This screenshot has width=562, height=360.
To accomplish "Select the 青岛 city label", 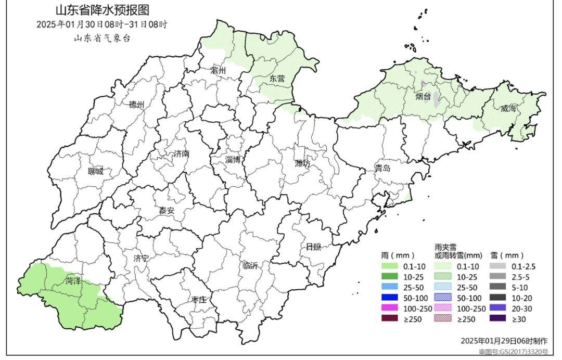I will pos(382,169).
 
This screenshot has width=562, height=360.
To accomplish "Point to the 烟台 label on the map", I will pos(423,96).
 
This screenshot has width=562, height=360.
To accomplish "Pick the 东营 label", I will pos(277,79).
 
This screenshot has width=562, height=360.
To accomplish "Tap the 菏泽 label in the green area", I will pos(73,281).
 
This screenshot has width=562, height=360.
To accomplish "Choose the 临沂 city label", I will pos(250,265).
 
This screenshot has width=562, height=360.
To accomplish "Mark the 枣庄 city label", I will pos(199,300).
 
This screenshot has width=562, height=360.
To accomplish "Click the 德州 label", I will pos(136,104).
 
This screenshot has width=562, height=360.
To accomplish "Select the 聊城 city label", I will pos(95,171).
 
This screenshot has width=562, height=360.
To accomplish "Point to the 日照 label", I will pos(313,246).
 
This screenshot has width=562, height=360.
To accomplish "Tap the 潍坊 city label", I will pos(302,163).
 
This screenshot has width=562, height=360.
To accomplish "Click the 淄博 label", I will pos(233,160).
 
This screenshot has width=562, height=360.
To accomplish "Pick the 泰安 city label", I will pos(167,211).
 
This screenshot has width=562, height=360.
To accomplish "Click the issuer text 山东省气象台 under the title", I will pos(101,38).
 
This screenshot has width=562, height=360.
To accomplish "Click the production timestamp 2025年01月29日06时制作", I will pos(504,341).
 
